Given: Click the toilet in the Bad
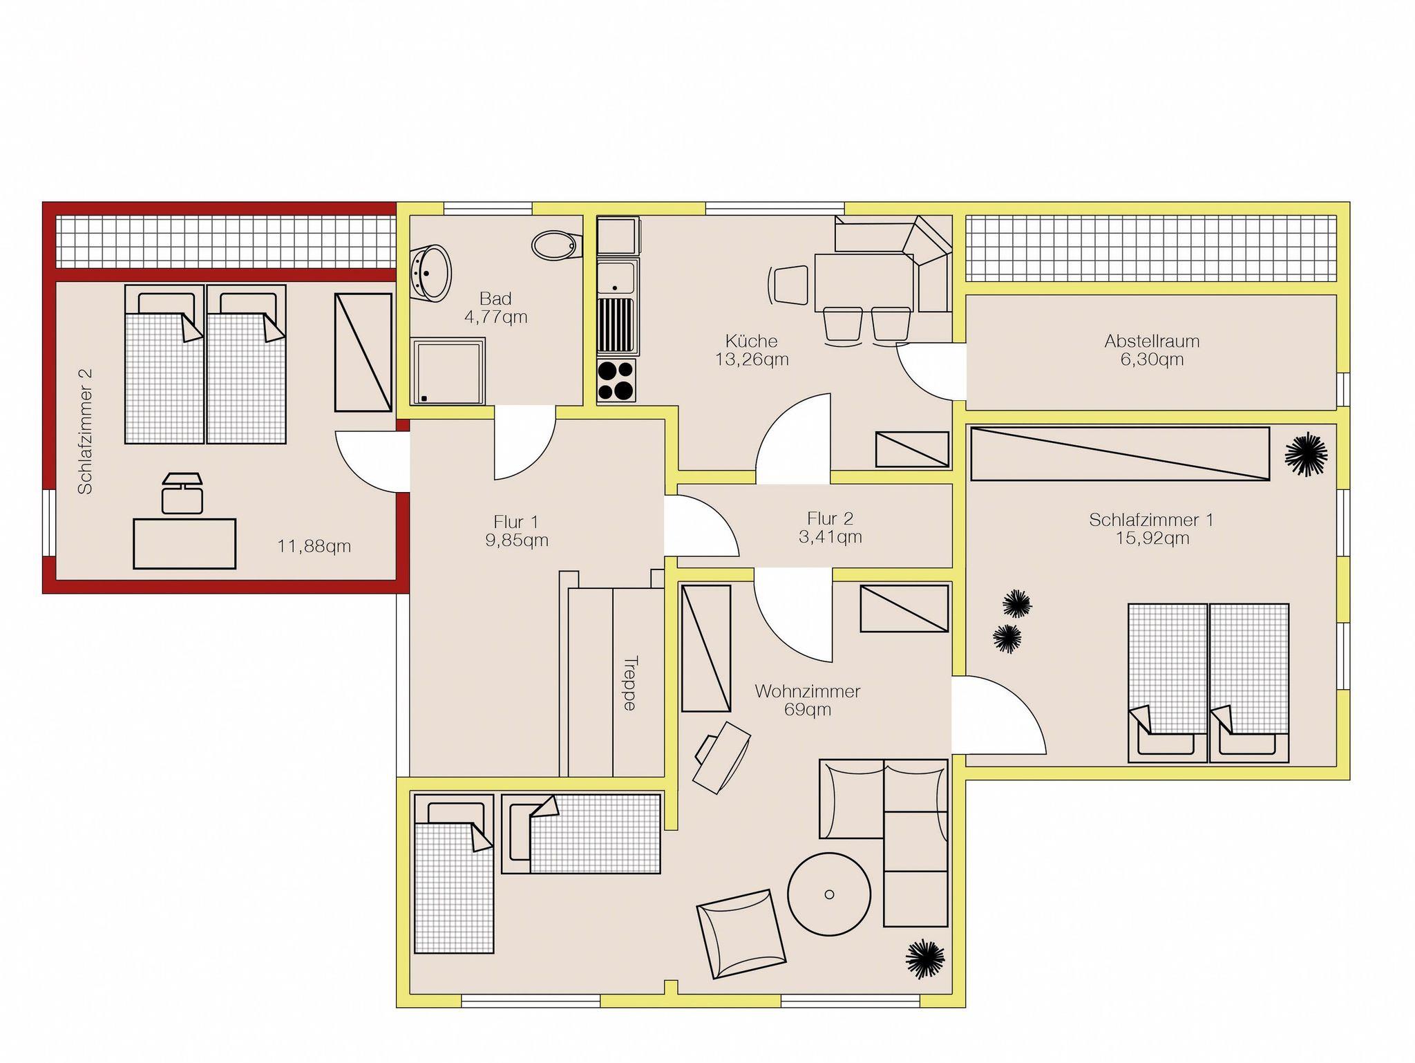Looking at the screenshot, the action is [554, 245].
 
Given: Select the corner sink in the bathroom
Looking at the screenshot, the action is [430, 273].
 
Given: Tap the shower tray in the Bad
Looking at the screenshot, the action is [448, 371].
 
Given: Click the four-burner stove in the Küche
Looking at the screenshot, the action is [616, 380].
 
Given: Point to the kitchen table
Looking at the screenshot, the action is [864, 283].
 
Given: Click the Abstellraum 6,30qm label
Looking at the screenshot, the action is [1151, 350].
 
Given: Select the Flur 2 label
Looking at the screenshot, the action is [830, 527].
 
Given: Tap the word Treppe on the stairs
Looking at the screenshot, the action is [629, 683].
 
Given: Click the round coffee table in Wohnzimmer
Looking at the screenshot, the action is [829, 894].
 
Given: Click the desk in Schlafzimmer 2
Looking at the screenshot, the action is [184, 543].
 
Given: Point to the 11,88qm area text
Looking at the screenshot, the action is [314, 546].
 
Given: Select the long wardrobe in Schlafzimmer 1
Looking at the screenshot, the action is [1120, 453].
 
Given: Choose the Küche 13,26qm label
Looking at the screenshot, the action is [752, 350].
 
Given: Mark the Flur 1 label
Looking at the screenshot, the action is [516, 530].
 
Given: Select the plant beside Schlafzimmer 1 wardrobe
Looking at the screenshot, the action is [1306, 454].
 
